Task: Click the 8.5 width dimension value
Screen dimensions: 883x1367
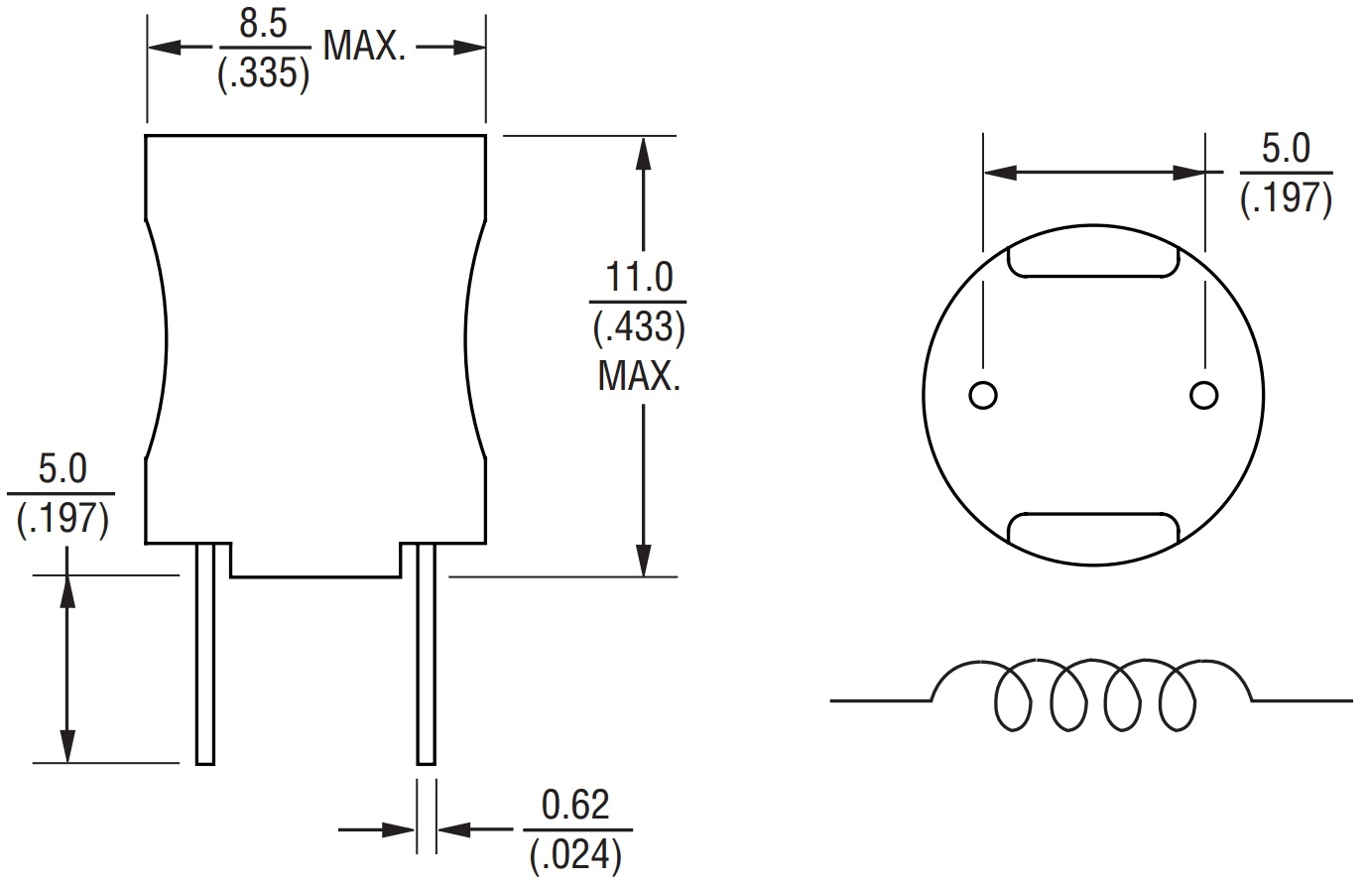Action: [x=263, y=25]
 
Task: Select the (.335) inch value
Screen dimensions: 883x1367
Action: [x=263, y=74]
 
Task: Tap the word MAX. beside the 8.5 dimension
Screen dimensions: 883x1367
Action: [x=364, y=48]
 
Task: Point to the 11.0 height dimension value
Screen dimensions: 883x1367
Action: [x=639, y=277]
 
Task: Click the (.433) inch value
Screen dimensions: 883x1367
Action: [x=639, y=327]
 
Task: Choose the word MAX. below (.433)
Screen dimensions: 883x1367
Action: [x=639, y=377]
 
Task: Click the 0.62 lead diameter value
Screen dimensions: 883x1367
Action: [x=576, y=804]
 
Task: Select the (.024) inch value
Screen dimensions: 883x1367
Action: [x=576, y=854]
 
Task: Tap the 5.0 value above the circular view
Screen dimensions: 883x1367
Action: [x=1285, y=150]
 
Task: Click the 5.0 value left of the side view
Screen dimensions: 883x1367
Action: [x=62, y=468]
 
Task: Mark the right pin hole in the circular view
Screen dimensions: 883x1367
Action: [x=1203, y=395]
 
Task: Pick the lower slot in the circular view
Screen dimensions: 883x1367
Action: [x=1093, y=530]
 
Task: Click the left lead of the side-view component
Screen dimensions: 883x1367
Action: [x=205, y=655]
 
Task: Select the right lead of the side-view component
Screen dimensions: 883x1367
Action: [x=426, y=655]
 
